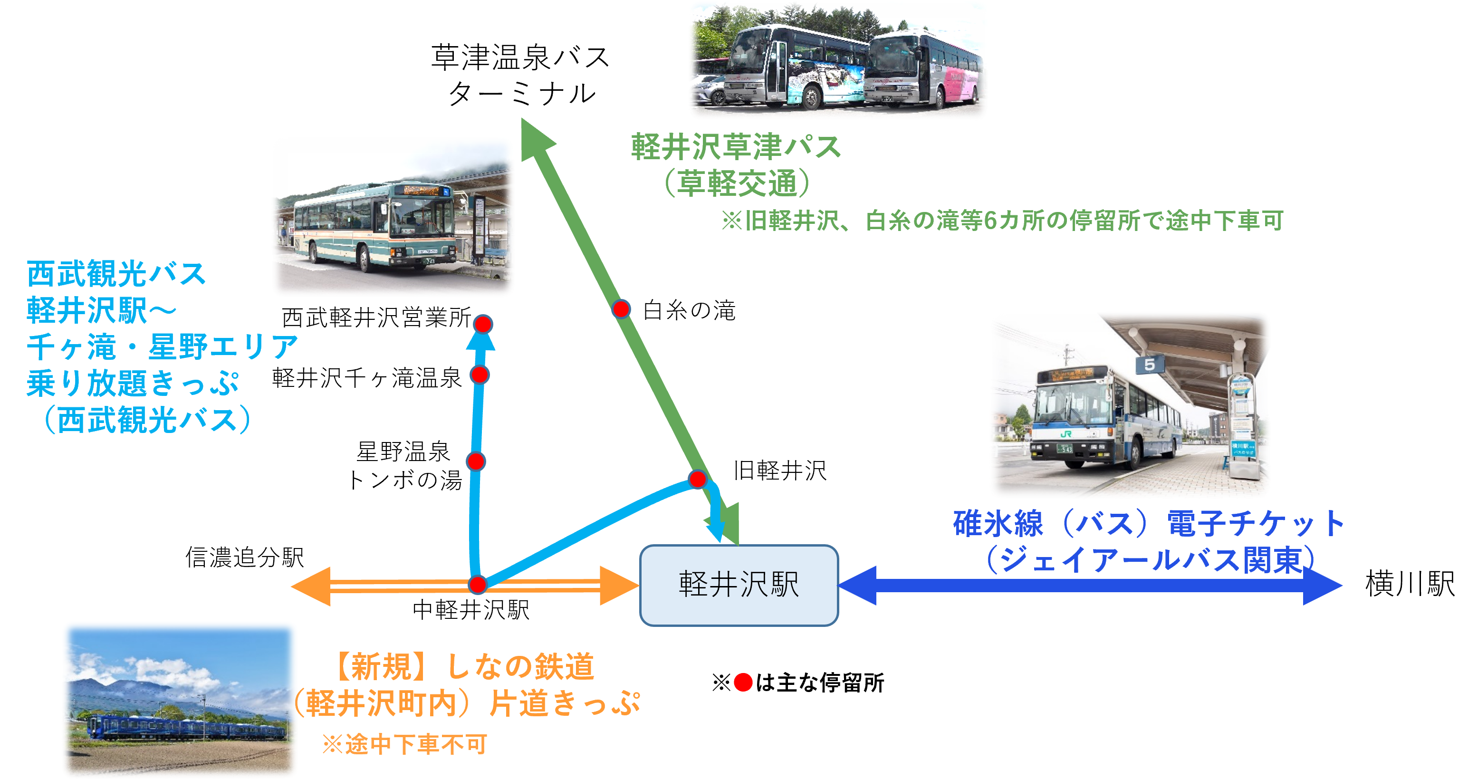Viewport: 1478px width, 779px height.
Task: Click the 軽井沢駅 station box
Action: click(x=739, y=585)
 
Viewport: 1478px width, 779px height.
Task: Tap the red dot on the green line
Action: click(x=621, y=308)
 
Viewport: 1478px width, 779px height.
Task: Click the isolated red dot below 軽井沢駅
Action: click(x=743, y=682)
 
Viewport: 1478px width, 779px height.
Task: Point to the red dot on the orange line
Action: click(x=477, y=585)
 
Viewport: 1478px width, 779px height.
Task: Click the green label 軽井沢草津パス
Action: click(x=736, y=147)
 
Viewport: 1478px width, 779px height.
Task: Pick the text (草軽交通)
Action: click(x=737, y=183)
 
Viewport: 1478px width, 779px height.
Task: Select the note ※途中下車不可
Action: click(x=404, y=745)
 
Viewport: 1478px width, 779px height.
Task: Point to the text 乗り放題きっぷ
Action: click(x=133, y=383)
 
